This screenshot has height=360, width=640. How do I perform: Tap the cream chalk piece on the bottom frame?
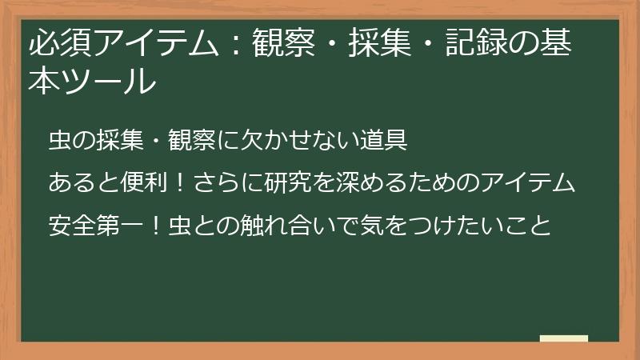coord(564,338)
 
